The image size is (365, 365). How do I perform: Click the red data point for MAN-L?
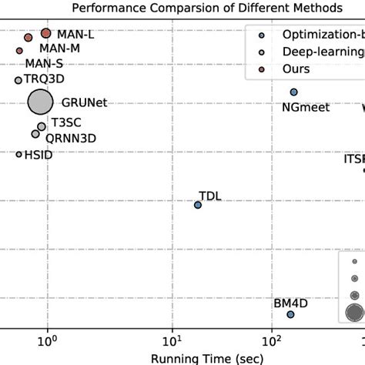click(x=45, y=34)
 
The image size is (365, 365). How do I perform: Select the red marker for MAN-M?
click(x=28, y=38)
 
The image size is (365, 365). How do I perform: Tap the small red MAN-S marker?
click(x=20, y=51)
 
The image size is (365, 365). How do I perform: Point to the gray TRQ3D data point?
click(x=18, y=80)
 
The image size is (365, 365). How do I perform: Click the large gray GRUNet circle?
click(x=40, y=102)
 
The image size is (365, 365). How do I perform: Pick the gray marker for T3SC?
click(x=41, y=126)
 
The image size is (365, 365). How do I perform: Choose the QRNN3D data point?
click(x=35, y=134)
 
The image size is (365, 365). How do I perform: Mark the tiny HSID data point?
click(x=19, y=155)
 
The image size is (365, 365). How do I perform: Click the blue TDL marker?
click(x=198, y=205)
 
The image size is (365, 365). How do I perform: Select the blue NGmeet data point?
click(x=293, y=92)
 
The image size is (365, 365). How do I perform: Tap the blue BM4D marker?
click(x=290, y=314)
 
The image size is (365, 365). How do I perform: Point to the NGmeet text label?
click(x=306, y=108)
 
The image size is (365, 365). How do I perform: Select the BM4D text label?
click(x=290, y=303)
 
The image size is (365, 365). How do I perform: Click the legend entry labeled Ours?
click(x=296, y=69)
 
